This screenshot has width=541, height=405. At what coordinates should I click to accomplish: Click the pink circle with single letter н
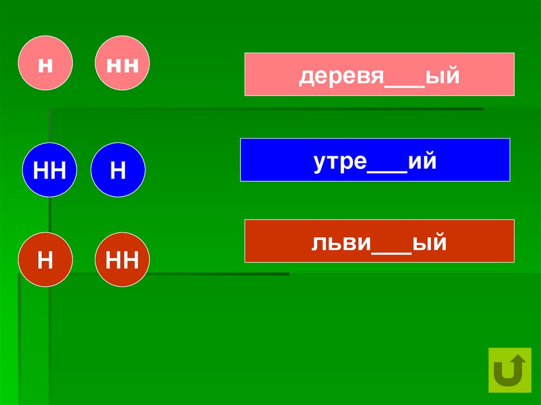pyautogui.click(x=45, y=63)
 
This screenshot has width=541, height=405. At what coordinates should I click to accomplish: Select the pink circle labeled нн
pyautogui.click(x=122, y=63)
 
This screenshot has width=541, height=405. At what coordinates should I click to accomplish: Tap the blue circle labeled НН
pyautogui.click(x=50, y=170)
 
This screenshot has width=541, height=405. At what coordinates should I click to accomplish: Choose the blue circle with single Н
pyautogui.click(x=118, y=170)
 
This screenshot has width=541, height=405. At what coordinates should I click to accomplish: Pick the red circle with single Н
pyautogui.click(x=45, y=260)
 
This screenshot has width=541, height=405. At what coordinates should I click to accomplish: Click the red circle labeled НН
pyautogui.click(x=122, y=260)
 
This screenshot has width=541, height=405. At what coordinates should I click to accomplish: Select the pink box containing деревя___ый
pyautogui.click(x=379, y=74)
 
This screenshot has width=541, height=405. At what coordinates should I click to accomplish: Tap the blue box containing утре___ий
pyautogui.click(x=375, y=160)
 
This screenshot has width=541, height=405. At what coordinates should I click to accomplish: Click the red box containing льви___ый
pyautogui.click(x=379, y=241)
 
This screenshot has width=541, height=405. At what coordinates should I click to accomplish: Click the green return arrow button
pyautogui.click(x=510, y=370)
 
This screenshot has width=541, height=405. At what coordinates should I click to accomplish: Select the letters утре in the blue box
pyautogui.click(x=340, y=163)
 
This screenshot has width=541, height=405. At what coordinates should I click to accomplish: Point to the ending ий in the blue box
pyautogui.click(x=422, y=162)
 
